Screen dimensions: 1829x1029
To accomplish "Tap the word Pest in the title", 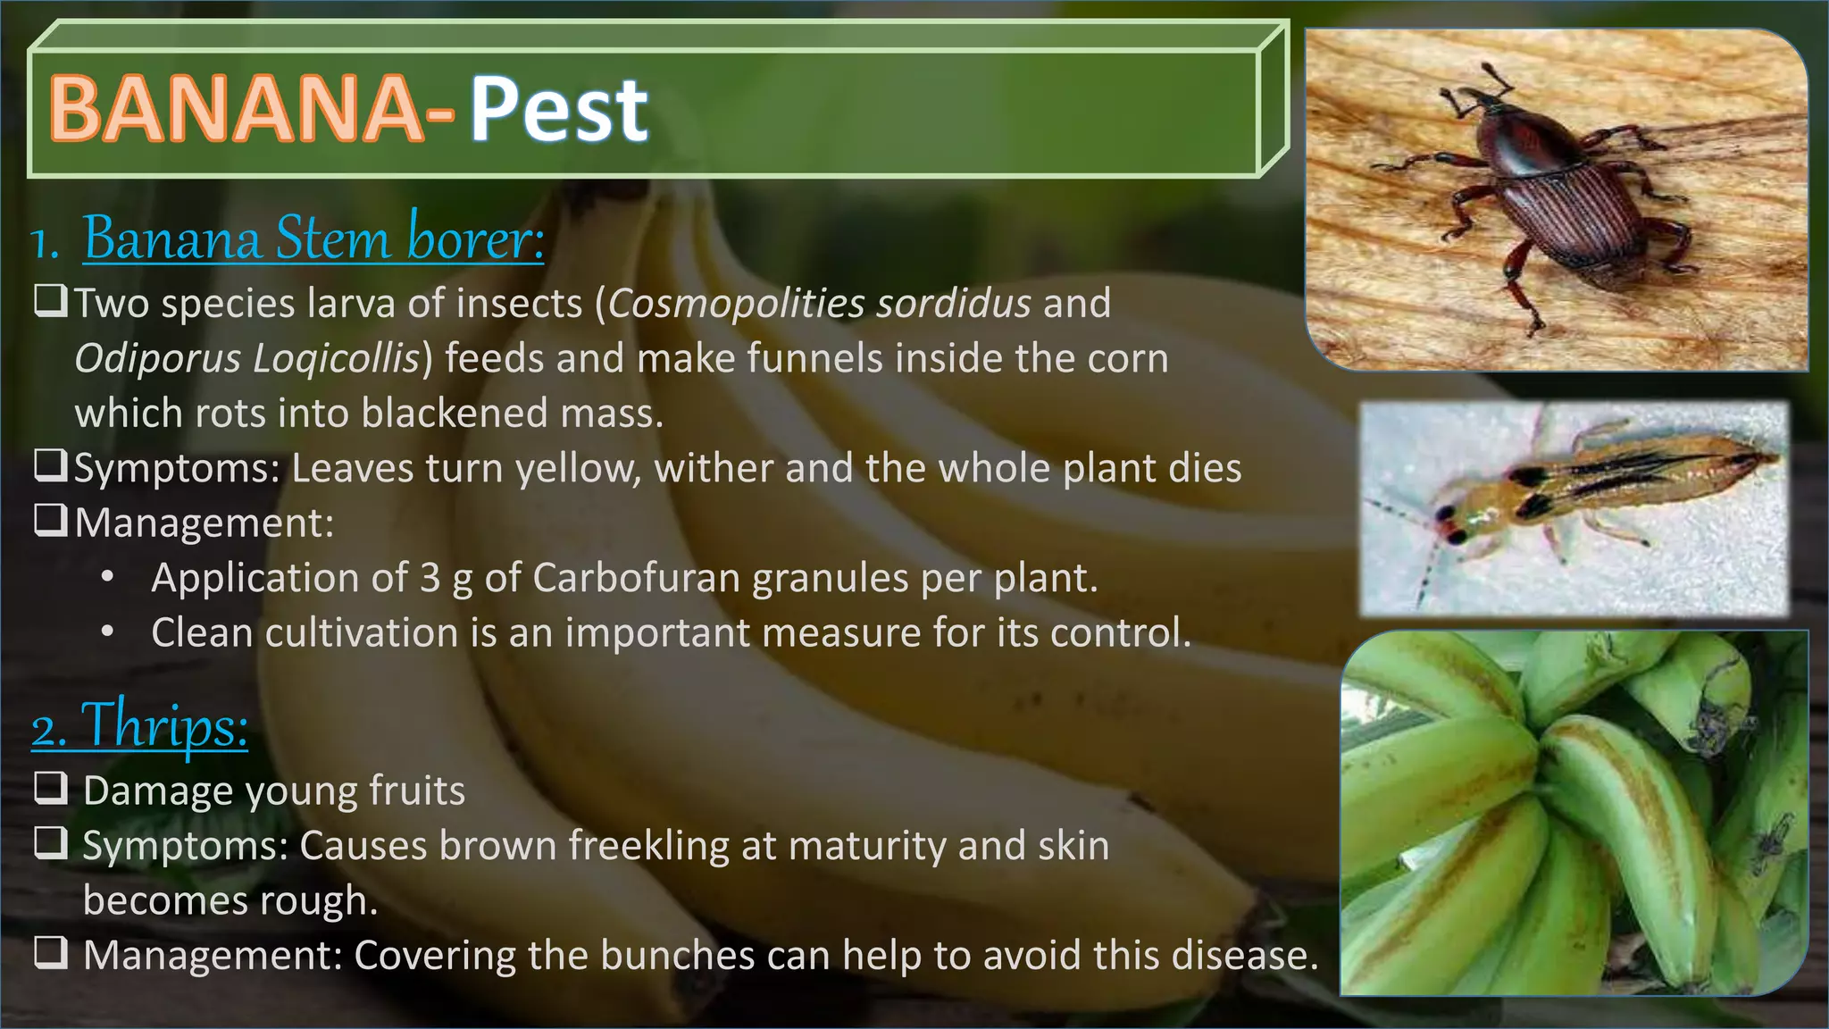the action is tap(559, 109).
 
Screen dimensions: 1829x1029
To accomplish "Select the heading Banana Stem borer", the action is tap(313, 238).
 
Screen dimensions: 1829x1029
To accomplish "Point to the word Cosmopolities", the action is tap(736, 303).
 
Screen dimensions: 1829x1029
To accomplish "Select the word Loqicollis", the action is tap(336, 358).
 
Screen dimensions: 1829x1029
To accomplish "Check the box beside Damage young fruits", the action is tap(51, 788).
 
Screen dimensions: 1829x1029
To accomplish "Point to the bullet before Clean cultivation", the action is tap(107, 632).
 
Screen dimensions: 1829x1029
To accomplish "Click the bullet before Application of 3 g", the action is tap(107, 577).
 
